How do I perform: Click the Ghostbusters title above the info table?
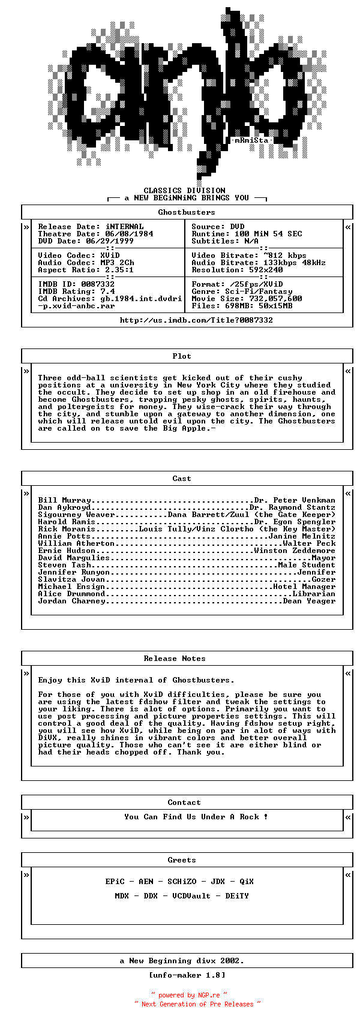click(187, 212)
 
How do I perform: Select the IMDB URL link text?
click(196, 320)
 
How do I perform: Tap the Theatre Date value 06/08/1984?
click(129, 234)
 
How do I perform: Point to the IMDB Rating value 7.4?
click(107, 291)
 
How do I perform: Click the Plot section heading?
click(182, 356)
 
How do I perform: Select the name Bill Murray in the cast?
click(64, 500)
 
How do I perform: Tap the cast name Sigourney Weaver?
click(76, 515)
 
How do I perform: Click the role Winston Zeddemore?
click(295, 551)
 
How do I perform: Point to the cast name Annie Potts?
click(64, 536)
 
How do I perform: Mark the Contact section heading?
click(184, 802)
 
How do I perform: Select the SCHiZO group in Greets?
click(182, 882)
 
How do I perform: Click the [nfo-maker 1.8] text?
click(187, 975)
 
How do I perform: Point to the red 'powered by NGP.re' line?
click(189, 995)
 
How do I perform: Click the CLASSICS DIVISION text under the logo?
click(184, 191)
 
